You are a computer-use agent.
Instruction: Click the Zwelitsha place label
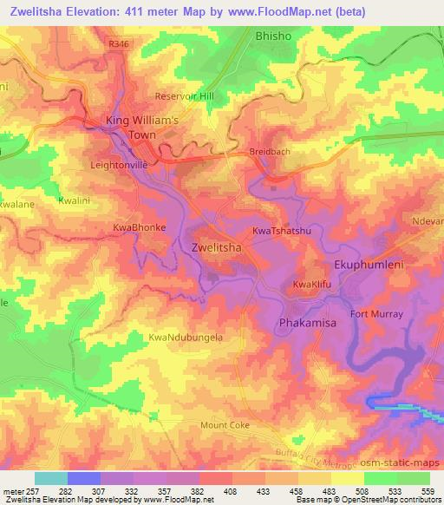click(x=215, y=247)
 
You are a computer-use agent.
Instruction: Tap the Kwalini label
click(x=75, y=200)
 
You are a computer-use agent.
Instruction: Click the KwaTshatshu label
click(x=281, y=232)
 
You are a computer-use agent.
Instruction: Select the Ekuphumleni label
click(x=369, y=264)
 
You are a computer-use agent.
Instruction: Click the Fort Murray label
click(x=375, y=313)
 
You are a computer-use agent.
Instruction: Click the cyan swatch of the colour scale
click(x=51, y=478)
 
